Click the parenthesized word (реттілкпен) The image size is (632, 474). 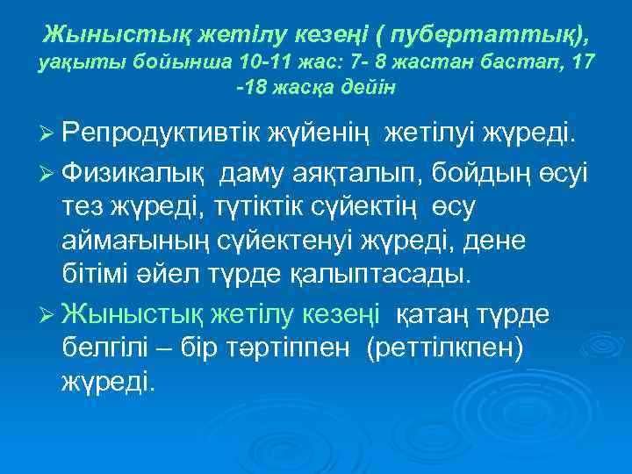coord(448,348)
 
